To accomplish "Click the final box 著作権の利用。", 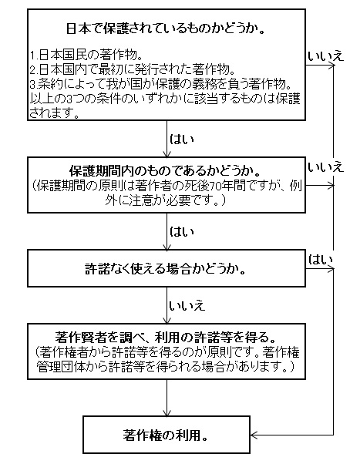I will [167, 434].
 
